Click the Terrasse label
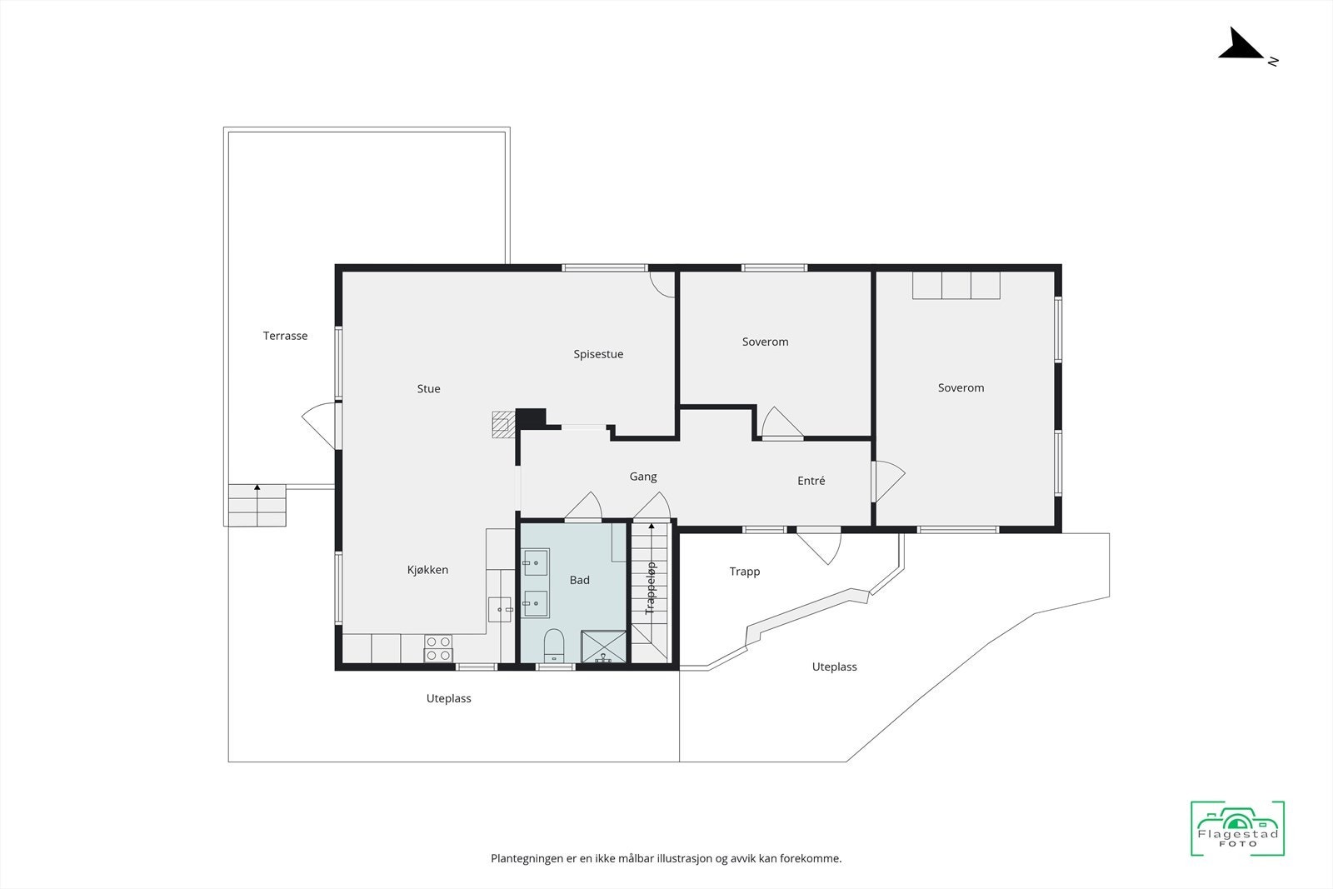pos(285,336)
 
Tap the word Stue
pos(428,388)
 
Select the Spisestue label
pos(598,354)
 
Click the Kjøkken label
pos(427,570)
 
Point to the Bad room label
pos(579,580)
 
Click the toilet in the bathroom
pos(554,646)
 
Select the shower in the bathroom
pos(603,647)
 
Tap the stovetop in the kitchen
pos(438,648)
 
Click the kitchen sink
pos(500,609)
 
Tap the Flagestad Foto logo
pos(1237,828)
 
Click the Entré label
pos(811,481)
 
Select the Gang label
pos(642,477)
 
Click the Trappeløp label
pos(651,588)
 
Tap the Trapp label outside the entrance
pos(744,572)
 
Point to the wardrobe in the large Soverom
pos(956,285)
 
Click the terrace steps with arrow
pos(257,504)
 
